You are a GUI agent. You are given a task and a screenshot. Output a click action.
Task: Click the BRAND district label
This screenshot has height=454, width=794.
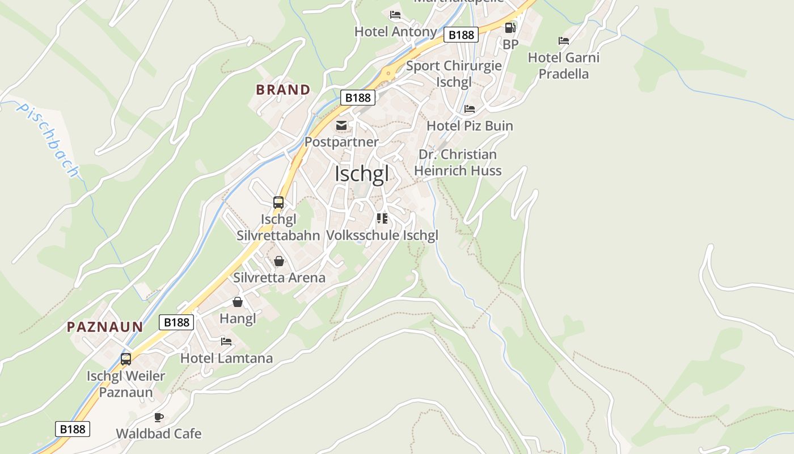coord(283,90)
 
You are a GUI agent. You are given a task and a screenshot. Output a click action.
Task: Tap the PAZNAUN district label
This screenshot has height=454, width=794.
coord(105,327)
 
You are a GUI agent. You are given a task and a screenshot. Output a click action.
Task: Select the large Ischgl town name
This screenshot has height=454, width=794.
coord(362,174)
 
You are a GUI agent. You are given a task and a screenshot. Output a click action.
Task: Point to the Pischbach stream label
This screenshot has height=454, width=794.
coord(48,139)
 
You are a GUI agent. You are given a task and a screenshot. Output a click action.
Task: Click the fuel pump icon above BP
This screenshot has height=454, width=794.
coord(510,27)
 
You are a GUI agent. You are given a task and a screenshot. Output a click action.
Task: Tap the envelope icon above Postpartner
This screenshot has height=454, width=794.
coord(341,125)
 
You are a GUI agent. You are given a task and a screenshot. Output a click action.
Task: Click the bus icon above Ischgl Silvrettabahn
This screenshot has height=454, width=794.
coord(278,203)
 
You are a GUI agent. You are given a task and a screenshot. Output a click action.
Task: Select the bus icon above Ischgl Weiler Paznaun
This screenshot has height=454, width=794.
coord(126,359)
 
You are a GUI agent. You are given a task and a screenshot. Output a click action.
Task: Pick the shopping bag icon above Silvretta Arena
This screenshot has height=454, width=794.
coord(279,261)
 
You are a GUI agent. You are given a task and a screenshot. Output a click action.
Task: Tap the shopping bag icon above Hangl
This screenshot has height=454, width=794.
coord(238,302)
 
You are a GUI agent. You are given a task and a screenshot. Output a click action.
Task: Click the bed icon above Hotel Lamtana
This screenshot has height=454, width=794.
coord(226,342)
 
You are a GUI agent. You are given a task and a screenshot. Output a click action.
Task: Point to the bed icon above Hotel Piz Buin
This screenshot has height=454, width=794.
coord(470,109)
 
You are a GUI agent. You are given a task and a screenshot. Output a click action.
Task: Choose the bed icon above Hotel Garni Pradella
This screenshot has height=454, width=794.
coord(563,41)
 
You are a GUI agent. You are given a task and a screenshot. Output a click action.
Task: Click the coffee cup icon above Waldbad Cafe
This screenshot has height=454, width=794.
coord(159,418)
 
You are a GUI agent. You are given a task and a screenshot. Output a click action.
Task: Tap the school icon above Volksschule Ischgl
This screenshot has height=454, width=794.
coord(382,218)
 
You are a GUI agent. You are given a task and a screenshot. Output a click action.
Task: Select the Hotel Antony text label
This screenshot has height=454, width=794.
coord(395,32)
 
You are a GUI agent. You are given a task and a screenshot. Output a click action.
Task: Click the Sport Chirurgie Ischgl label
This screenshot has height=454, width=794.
coord(454,74)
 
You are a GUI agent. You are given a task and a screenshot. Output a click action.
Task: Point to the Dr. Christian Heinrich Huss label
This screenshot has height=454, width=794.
coord(458,162)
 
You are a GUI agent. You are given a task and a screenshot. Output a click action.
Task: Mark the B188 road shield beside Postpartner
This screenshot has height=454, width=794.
coord(358,98)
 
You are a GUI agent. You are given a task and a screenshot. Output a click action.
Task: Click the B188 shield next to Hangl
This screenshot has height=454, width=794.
coord(176,322)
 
